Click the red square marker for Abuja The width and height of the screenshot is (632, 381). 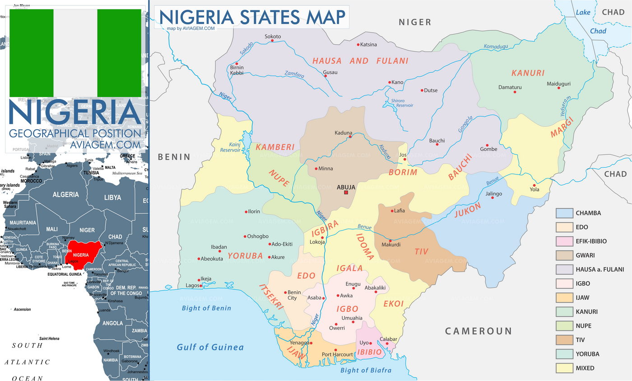pos(346,193)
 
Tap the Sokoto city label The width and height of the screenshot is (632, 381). pos(273,37)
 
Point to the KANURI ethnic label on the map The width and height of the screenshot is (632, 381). pos(528,73)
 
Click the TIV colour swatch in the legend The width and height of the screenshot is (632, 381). pos(564,340)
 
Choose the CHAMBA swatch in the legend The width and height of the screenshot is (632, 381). pos(564,213)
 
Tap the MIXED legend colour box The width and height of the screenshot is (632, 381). pos(564,368)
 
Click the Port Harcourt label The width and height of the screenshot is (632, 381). pos(337,354)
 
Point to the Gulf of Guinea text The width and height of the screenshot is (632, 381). pos(210,347)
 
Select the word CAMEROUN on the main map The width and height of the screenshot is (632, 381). pos(479,331)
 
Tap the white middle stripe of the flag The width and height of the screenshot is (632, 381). pos(75,53)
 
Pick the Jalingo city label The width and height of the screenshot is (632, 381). pos(493,194)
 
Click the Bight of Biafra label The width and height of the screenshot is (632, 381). pos(366,370)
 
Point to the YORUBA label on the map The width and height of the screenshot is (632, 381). pos(245,256)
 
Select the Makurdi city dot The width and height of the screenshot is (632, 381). pos(390,240)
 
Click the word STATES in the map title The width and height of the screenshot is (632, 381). pos(270,17)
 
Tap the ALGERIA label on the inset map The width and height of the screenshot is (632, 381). pos(66,194)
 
